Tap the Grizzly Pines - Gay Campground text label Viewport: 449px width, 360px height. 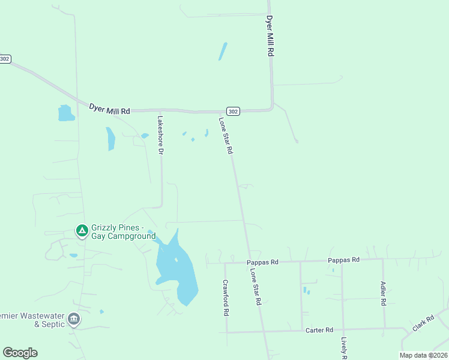[123, 232]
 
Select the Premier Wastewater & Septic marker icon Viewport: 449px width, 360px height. [74, 318]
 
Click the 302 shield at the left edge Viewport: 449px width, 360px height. [5, 59]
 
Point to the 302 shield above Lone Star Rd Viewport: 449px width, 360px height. [234, 111]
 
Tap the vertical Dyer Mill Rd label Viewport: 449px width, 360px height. [270, 36]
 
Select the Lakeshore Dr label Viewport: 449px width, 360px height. [160, 135]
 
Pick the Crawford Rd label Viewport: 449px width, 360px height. [226, 298]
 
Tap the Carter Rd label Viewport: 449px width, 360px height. [319, 330]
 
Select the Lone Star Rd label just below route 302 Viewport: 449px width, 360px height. [225, 136]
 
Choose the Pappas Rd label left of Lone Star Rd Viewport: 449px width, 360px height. [263, 262]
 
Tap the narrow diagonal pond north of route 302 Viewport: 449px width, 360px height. [223, 52]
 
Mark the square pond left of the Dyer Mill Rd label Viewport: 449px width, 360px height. [65, 113]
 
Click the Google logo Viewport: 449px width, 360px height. [20, 353]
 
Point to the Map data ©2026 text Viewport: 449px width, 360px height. [423, 355]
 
